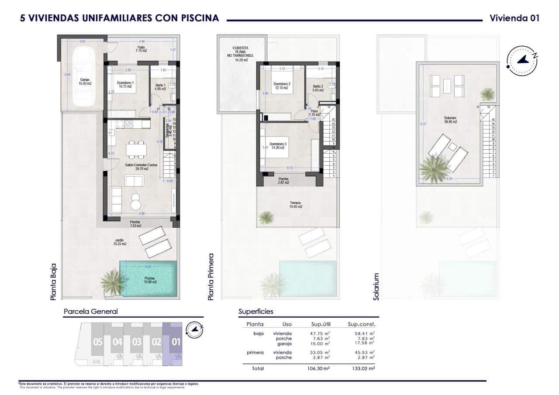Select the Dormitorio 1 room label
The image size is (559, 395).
tap(126, 85)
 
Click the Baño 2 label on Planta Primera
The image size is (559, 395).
tap(317, 89)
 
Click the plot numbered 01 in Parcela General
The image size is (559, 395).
tap(176, 342)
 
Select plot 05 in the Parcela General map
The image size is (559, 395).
tap(97, 342)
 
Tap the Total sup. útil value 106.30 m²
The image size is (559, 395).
tap(319, 368)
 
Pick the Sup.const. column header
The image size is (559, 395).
tap(362, 324)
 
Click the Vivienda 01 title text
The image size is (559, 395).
tap(514, 18)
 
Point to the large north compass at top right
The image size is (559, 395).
tap(522, 61)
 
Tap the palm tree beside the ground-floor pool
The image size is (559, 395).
tap(112, 282)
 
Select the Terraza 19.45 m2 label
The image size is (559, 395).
tap(296, 205)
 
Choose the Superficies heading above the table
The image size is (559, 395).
tap(255, 312)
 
